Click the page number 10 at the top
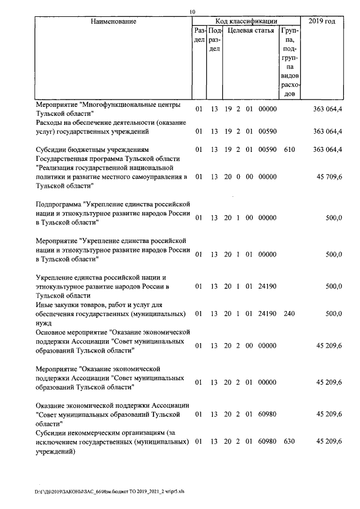[x=193, y=12]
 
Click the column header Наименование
[x=113, y=21]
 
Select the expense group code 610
[x=290, y=150]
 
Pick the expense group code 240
[x=290, y=313]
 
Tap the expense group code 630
[x=290, y=441]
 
